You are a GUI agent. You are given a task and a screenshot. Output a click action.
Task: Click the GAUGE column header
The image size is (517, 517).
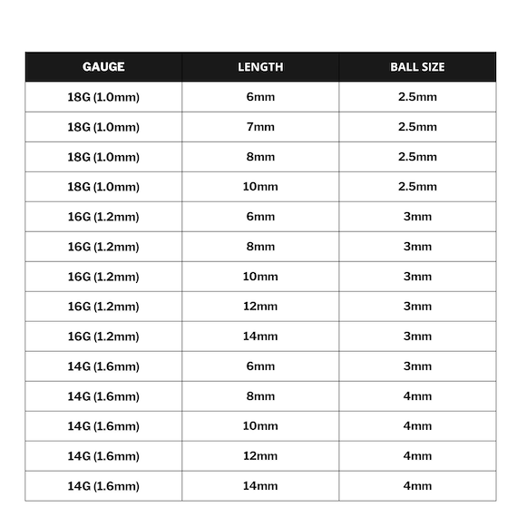point(103,66)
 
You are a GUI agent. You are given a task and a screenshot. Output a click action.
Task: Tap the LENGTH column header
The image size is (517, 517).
point(260,66)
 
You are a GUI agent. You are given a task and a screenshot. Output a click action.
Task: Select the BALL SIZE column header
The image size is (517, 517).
point(417,66)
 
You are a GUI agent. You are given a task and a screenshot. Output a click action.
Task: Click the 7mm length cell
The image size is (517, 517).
point(260,127)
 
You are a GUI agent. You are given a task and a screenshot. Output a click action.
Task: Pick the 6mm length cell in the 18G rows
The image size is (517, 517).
point(260,97)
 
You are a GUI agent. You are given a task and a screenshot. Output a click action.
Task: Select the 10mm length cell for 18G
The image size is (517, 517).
point(260,187)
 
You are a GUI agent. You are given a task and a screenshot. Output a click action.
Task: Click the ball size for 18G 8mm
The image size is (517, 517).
point(417,157)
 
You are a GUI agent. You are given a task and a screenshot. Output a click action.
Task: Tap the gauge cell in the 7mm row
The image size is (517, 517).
point(103,127)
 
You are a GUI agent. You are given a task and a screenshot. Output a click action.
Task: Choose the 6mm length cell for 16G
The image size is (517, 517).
point(260,217)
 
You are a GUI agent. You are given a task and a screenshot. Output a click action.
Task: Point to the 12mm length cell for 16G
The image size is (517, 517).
point(260,307)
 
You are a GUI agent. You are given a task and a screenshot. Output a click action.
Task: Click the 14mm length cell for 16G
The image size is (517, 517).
point(260,337)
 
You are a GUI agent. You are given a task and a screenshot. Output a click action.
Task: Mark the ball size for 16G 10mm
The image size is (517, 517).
point(417,277)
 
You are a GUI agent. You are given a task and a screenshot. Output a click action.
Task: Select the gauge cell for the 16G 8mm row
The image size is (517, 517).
point(103,247)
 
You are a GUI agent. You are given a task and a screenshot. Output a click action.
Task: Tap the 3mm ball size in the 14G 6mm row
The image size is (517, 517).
point(417,366)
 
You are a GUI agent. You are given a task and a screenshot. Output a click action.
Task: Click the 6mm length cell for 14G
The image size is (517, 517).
point(260,366)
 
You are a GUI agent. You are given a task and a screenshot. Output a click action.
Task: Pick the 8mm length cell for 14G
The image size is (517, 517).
point(260,396)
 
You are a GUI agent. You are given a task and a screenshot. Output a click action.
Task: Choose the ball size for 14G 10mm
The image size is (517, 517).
point(417,426)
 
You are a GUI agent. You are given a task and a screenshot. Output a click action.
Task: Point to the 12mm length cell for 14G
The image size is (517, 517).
point(260,456)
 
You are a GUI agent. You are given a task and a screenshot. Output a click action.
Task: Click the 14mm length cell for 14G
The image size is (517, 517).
point(260,486)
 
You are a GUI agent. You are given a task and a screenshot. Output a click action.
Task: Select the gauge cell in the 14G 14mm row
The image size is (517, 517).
point(103,486)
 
